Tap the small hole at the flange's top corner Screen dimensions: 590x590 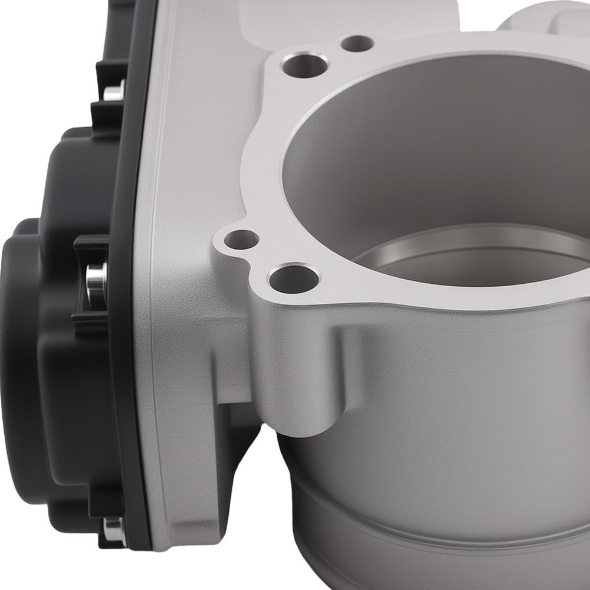(x=358, y=43)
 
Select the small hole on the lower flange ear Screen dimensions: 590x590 (x=241, y=240)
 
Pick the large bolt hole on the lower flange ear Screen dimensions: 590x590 (x=293, y=279)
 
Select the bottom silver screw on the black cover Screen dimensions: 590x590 (x=113, y=529)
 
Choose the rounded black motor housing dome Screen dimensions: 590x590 (x=24, y=354)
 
